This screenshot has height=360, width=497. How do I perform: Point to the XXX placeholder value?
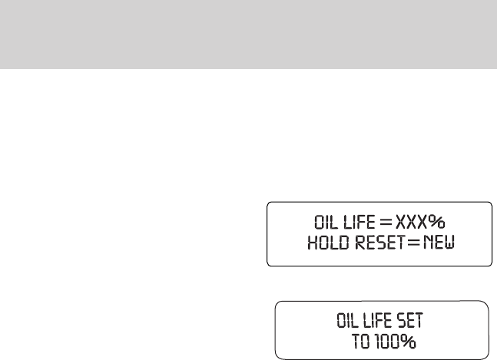(411, 224)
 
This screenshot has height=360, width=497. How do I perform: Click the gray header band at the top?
(248, 35)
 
